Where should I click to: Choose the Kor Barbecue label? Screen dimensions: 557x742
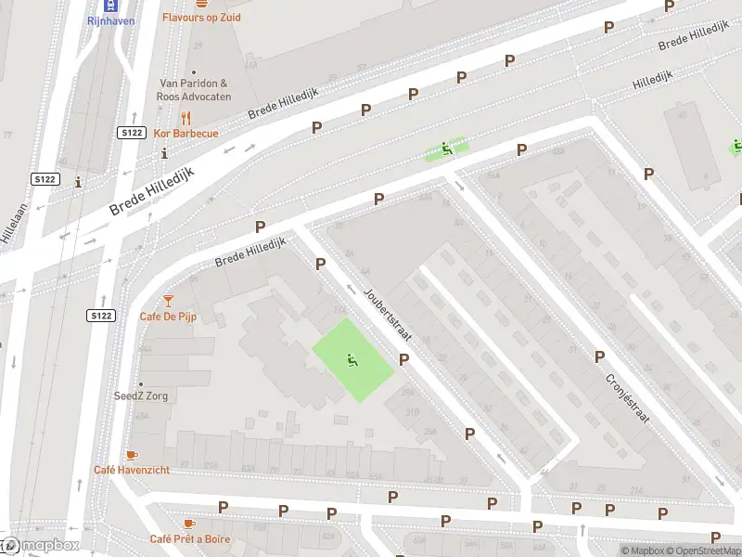tap(185, 134)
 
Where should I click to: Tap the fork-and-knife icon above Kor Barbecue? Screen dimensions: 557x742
tap(185, 118)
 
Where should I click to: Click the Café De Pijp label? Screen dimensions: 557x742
tap(168, 317)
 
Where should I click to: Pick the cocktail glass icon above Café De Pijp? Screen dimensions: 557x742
tap(168, 300)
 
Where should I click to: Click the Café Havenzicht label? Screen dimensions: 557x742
tap(132, 470)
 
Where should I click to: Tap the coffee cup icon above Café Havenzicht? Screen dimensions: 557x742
tap(132, 454)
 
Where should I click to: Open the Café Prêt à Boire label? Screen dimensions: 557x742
tap(190, 539)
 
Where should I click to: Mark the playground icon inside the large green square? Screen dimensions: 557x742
tap(352, 360)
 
